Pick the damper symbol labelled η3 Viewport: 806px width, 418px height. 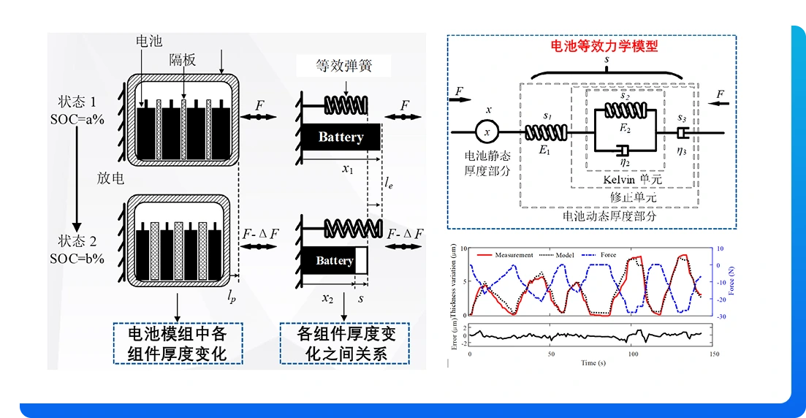tap(683, 133)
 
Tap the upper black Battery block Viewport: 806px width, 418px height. tap(341, 137)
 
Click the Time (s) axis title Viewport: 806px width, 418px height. tap(592, 362)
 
